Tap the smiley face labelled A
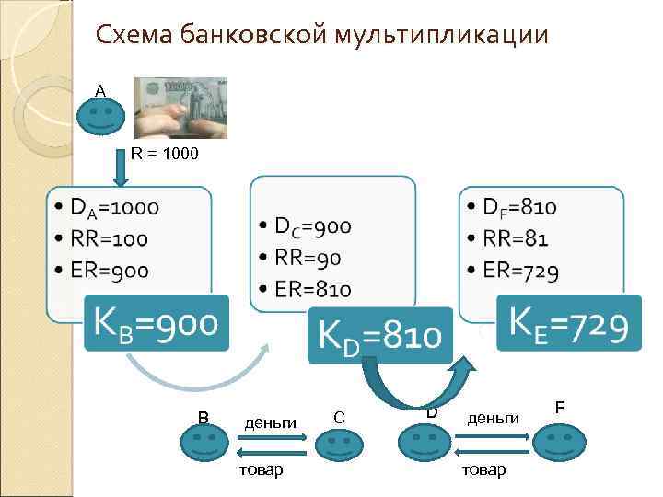pyautogui.click(x=99, y=116)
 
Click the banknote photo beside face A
pyautogui.click(x=180, y=107)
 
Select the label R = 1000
pyautogui.click(x=163, y=153)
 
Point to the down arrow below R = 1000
pyautogui.click(x=122, y=170)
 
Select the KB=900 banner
pyautogui.click(x=154, y=323)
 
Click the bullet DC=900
pyautogui.click(x=305, y=226)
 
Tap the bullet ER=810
pyautogui.click(x=304, y=290)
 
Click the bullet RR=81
pyautogui.click(x=507, y=239)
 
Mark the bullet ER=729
pyautogui.click(x=513, y=271)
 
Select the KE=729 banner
pyautogui.click(x=568, y=323)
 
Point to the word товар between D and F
pyautogui.click(x=483, y=469)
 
